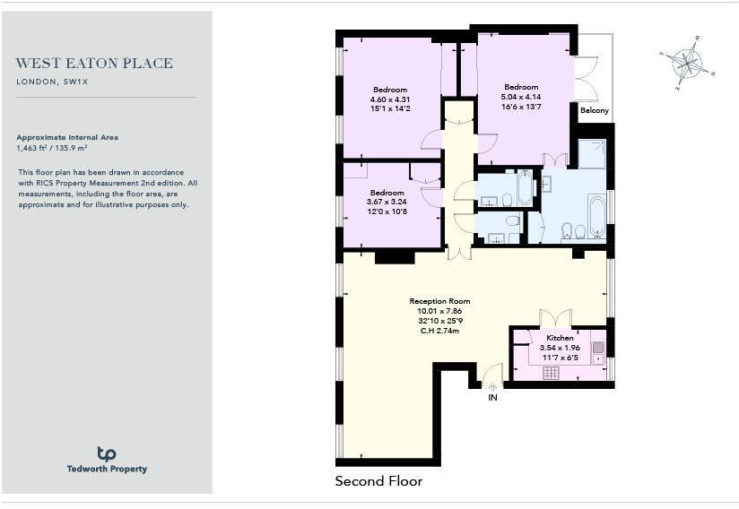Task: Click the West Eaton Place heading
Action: (94, 64)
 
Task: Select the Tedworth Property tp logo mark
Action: (106, 453)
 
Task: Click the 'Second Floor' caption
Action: (378, 481)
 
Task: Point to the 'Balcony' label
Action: (594, 110)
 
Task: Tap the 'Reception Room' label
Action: (439, 301)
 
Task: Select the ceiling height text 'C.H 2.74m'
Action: (439, 331)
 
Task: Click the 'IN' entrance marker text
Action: (491, 397)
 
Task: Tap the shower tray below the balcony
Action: (591, 154)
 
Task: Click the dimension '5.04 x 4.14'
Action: (520, 97)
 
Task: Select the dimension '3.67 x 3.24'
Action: (388, 203)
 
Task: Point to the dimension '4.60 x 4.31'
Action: (390, 99)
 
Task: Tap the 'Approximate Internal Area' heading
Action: (67, 137)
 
